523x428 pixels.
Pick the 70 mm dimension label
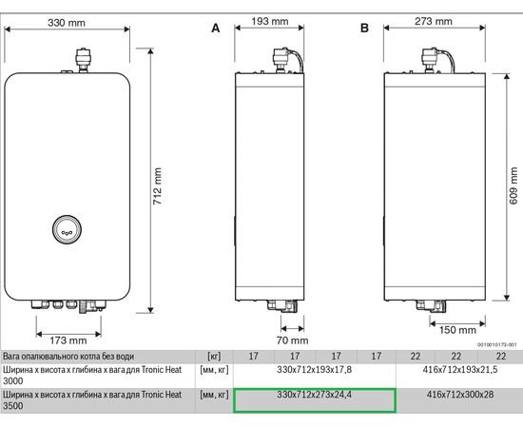click(293, 340)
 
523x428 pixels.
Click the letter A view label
click(215, 29)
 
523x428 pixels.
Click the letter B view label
click(364, 29)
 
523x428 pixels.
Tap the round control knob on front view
click(67, 229)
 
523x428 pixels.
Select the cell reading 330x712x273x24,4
click(314, 394)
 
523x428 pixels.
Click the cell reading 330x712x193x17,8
click(314, 369)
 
